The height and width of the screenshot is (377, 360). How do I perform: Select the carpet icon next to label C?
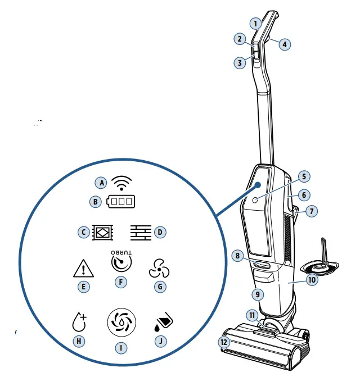103,231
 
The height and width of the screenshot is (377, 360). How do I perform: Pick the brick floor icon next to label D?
141,231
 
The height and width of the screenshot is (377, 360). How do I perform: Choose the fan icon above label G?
159,269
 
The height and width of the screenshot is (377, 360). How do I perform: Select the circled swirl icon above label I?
120,323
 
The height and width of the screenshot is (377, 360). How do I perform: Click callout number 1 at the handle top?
256,24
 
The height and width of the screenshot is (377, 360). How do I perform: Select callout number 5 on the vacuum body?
303,176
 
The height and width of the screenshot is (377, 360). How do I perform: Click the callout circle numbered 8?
238,256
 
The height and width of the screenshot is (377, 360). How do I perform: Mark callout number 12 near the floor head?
225,342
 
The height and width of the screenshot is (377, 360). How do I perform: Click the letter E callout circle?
83,287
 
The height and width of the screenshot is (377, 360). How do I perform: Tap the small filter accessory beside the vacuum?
322,263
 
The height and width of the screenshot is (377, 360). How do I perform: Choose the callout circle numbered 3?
240,63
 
